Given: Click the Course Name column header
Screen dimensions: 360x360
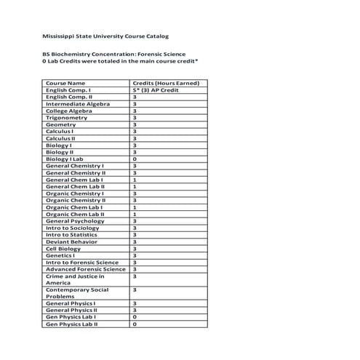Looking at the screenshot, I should pyautogui.click(x=65, y=83).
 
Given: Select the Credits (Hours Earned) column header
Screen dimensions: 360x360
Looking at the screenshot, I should pyautogui.click(x=165, y=83).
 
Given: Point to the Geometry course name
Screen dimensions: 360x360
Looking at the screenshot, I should pyautogui.click(x=61, y=124).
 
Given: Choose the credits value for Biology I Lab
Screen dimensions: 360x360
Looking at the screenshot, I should pyautogui.click(x=135, y=159).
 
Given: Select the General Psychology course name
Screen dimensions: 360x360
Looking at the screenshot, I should pyautogui.click(x=75, y=221).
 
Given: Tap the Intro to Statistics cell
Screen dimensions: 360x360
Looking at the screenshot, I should pyautogui.click(x=71, y=235).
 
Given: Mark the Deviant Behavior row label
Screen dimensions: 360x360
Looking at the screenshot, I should pyautogui.click(x=71, y=241).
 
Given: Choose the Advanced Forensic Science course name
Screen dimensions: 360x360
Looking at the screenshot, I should pyautogui.click(x=85, y=269).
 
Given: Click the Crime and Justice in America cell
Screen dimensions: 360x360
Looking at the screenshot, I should pyautogui.click(x=75, y=279).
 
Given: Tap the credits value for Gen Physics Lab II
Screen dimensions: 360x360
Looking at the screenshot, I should pyautogui.click(x=135, y=324).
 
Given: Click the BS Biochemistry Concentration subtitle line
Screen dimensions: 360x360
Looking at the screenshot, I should pyautogui.click(x=115, y=55).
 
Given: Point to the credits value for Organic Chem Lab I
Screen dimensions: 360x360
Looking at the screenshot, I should pyautogui.click(x=135, y=207).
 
